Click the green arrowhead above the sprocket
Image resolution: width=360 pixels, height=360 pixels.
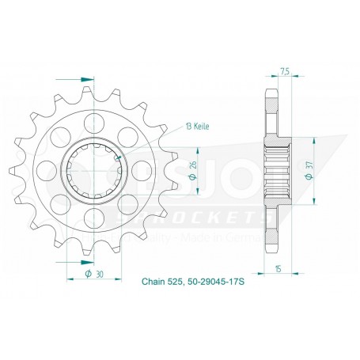click(x=83, y=78)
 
